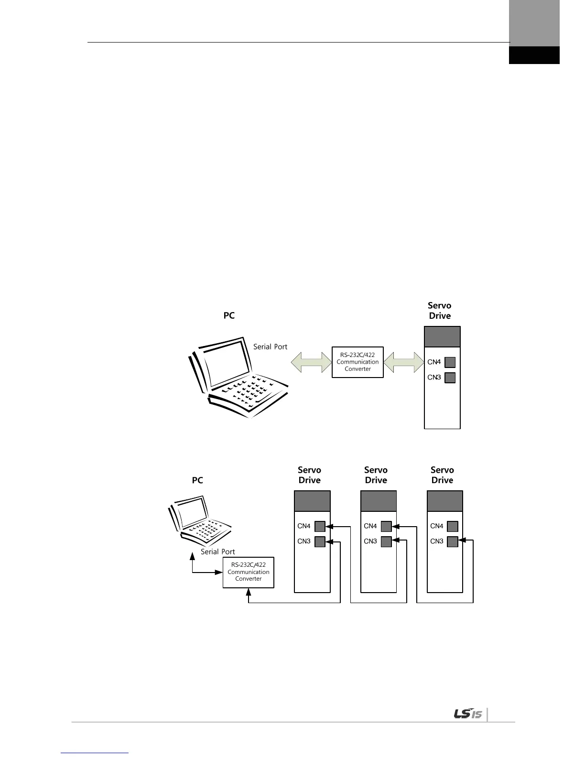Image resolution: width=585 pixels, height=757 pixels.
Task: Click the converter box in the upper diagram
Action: click(x=357, y=362)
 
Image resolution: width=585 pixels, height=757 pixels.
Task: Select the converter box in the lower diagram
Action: click(x=249, y=572)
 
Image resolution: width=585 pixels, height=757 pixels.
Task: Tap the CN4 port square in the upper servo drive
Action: click(x=450, y=362)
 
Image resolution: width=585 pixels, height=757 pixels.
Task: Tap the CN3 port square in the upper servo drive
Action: click(x=450, y=378)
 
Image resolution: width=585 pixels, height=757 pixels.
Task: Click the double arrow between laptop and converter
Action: click(x=311, y=362)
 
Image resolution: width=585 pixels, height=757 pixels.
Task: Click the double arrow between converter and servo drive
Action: click(x=404, y=362)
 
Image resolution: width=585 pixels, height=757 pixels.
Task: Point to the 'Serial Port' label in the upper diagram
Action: click(x=270, y=346)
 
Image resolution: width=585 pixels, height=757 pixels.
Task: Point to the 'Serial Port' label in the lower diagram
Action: click(x=218, y=552)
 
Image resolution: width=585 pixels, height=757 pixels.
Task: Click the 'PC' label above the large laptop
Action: click(x=229, y=315)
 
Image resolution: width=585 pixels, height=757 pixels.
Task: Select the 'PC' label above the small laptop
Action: click(x=197, y=480)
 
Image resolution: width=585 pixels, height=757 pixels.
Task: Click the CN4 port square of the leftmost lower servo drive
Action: click(x=320, y=526)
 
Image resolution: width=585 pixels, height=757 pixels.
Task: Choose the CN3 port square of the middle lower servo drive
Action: click(x=386, y=541)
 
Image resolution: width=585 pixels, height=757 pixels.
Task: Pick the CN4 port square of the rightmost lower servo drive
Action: click(x=453, y=526)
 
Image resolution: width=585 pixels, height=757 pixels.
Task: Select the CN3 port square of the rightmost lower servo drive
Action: click(x=453, y=541)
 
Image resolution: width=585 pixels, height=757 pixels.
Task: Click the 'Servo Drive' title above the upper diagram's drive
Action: click(x=440, y=310)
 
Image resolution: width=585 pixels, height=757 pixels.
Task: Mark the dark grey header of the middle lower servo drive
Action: click(x=379, y=501)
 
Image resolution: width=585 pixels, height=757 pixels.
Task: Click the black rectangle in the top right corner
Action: click(x=534, y=55)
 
